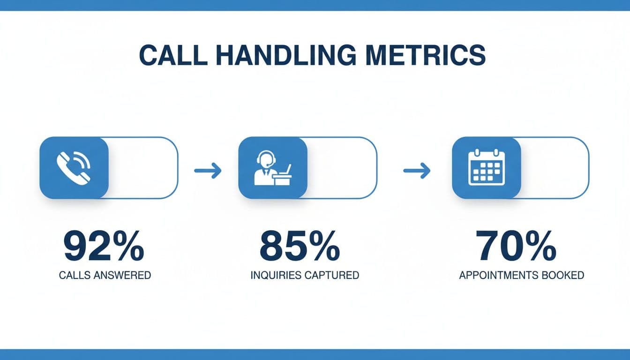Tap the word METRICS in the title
[x=426, y=55]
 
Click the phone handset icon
[x=74, y=167]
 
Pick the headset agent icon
[x=273, y=167]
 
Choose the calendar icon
[x=486, y=167]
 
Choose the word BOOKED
[x=565, y=275]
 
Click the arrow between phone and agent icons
[x=208, y=171]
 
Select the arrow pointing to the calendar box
[x=417, y=171]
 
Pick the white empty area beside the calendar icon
[x=554, y=167]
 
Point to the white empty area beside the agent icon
[x=341, y=167]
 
